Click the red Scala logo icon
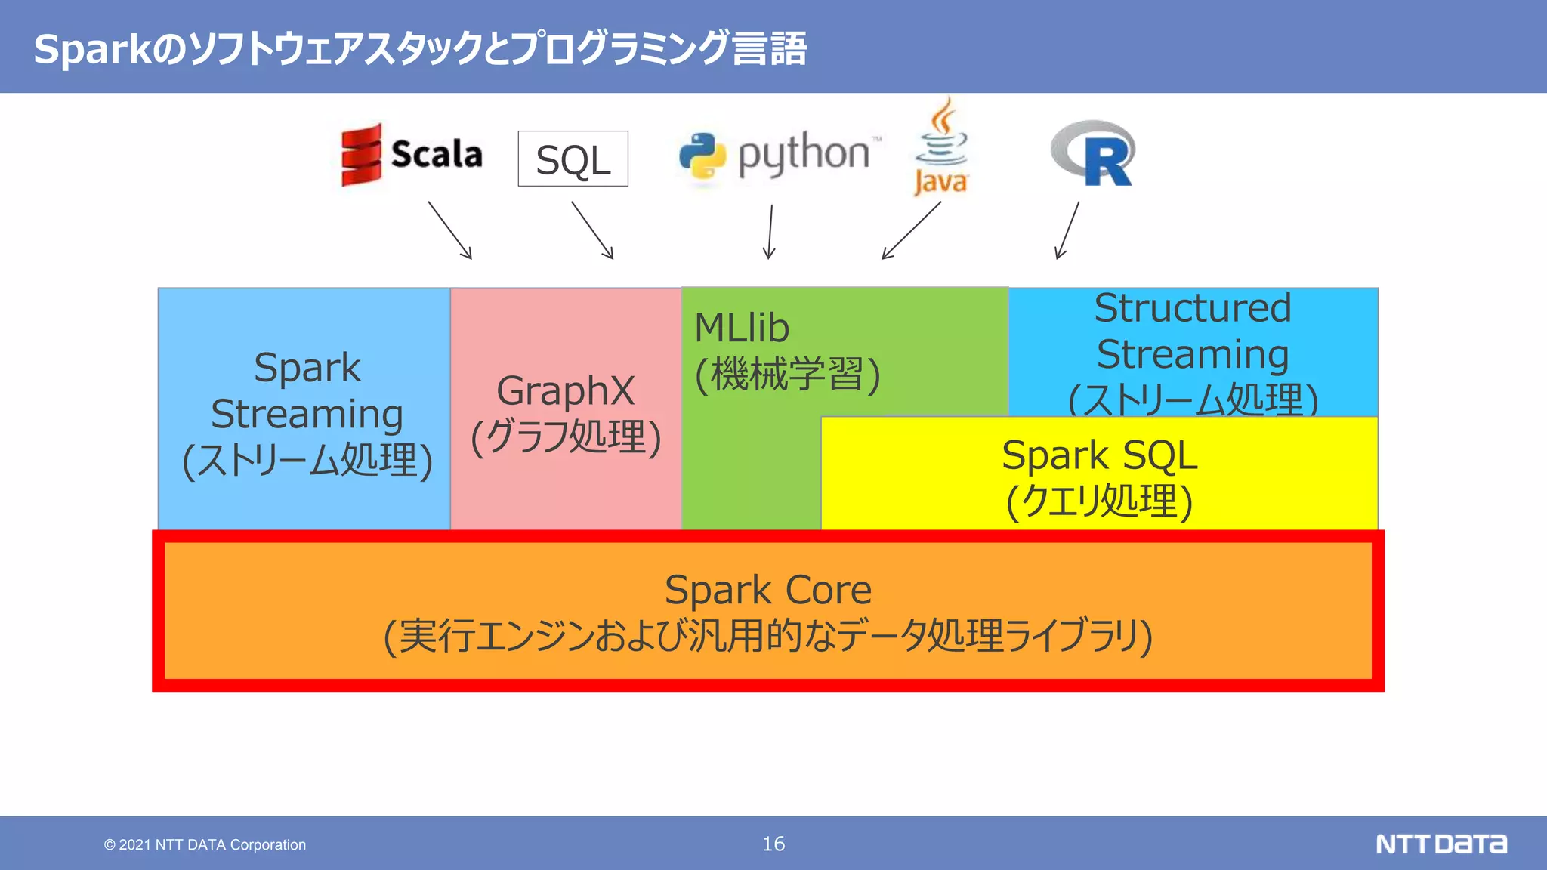pyautogui.click(x=361, y=155)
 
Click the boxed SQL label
pyautogui.click(x=573, y=159)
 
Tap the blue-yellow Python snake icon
pyautogui.click(x=702, y=156)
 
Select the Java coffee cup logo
pyautogui.click(x=941, y=147)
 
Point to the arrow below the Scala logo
pyautogui.click(x=450, y=230)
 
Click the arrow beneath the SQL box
pyautogui.click(x=592, y=230)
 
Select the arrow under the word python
pyautogui.click(x=770, y=231)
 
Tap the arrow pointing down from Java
pyautogui.click(x=912, y=230)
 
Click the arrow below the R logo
pyautogui.click(x=1067, y=230)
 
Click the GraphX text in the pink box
pyautogui.click(x=565, y=391)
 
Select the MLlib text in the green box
pyautogui.click(x=742, y=328)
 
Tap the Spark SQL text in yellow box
pyautogui.click(x=1099, y=456)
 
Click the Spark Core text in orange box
pyautogui.click(x=767, y=590)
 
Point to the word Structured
pyautogui.click(x=1193, y=308)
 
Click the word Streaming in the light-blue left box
pyautogui.click(x=307, y=415)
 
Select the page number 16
pyautogui.click(x=773, y=844)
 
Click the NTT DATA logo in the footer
pyautogui.click(x=1440, y=844)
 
